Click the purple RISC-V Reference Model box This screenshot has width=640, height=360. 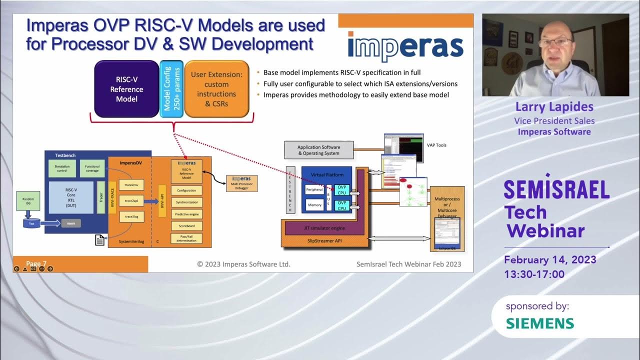tap(126, 89)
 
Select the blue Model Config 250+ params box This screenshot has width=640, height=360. tap(171, 89)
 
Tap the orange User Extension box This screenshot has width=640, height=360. tap(216, 89)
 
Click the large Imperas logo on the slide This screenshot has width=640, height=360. tap(405, 45)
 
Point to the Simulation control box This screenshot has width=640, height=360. tap(62, 168)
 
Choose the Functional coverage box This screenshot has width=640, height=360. tap(92, 168)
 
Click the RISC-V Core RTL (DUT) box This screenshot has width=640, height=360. tap(71, 197)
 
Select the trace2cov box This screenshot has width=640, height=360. tap(131, 185)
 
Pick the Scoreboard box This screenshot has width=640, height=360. tap(186, 226)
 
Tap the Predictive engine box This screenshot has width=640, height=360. tap(186, 214)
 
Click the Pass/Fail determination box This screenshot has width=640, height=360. tap(186, 238)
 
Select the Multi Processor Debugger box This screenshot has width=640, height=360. tap(242, 182)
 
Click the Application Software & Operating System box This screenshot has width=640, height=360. tap(318, 150)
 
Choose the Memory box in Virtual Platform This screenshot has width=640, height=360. tap(314, 205)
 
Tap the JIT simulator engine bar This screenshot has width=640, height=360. tap(325, 228)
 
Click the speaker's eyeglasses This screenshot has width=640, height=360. tap(555, 42)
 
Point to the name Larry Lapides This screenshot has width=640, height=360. tap(554, 107)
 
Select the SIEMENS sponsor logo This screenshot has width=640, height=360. tap(539, 323)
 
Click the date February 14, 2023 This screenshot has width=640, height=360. tap(550, 260)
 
